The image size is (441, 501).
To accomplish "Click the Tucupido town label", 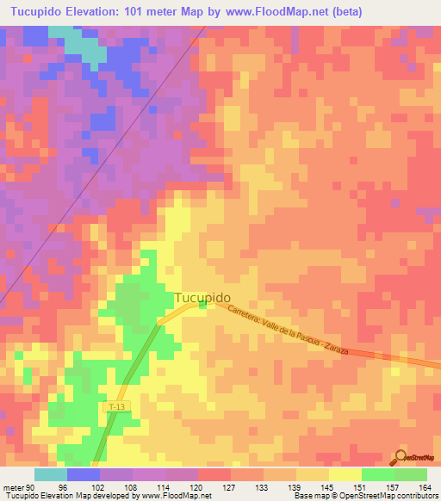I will [202, 298].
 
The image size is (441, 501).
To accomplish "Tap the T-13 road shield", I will [118, 405].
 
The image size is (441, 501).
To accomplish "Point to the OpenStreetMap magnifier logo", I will [402, 458].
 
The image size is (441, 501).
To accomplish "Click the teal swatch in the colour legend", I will [51, 474].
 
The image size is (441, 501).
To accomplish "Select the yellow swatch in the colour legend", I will [345, 474].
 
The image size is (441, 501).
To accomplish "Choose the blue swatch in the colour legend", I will [84, 474].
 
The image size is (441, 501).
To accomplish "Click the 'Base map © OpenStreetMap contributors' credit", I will [364, 495].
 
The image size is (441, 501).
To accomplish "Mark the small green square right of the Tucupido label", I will [203, 303].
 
